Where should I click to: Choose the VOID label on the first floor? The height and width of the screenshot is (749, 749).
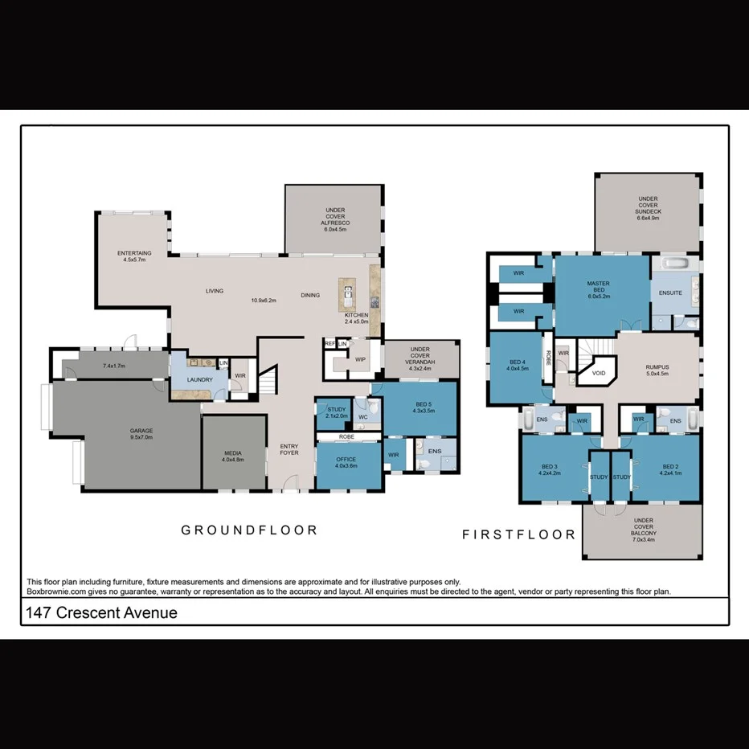click(599, 374)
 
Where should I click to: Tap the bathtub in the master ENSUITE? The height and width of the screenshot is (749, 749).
click(675, 264)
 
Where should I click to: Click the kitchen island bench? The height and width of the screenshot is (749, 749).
click(347, 297)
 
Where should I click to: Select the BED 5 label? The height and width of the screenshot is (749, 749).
click(423, 406)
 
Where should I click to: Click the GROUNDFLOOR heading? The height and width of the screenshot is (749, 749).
click(249, 530)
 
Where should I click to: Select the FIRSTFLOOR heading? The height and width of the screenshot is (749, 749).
click(518, 534)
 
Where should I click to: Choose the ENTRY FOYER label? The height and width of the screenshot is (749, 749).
click(289, 449)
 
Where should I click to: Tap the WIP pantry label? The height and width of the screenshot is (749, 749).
click(360, 359)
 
